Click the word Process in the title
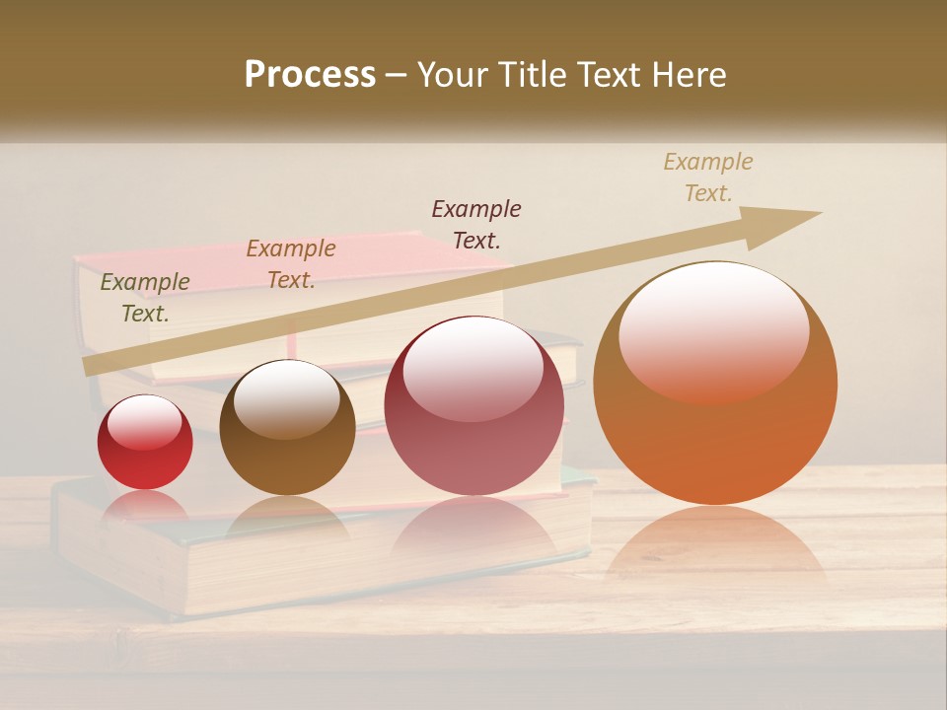click(310, 75)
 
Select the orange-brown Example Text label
click(291, 264)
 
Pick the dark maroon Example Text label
click(476, 224)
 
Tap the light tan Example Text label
click(708, 177)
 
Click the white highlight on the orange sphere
click(713, 330)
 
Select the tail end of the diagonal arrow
click(91, 367)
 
